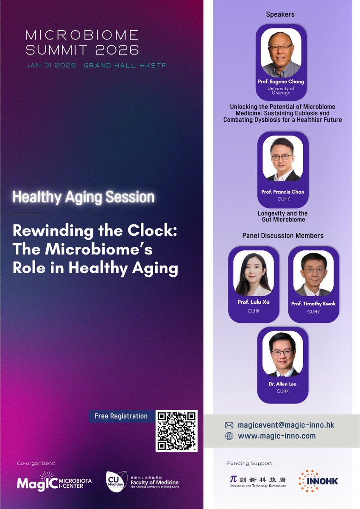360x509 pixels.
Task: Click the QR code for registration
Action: click(x=176, y=431)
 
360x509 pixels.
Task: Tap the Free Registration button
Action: click(x=121, y=416)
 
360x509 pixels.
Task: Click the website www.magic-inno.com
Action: click(x=276, y=436)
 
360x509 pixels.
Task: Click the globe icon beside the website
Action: click(x=229, y=436)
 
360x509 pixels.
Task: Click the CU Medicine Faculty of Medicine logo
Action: click(x=142, y=481)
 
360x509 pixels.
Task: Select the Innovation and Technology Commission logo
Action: click(x=257, y=481)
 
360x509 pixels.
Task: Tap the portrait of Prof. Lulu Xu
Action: click(x=254, y=274)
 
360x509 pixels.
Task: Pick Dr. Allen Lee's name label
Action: click(x=282, y=384)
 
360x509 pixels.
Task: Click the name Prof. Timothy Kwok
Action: click(x=313, y=304)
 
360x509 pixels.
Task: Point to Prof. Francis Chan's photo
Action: click(x=282, y=159)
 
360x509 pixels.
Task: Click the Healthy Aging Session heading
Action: click(x=84, y=197)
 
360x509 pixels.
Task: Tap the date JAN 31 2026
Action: click(x=50, y=65)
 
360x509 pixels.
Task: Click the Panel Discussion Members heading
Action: click(x=282, y=235)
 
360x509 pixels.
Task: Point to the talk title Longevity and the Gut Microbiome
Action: click(x=282, y=216)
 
